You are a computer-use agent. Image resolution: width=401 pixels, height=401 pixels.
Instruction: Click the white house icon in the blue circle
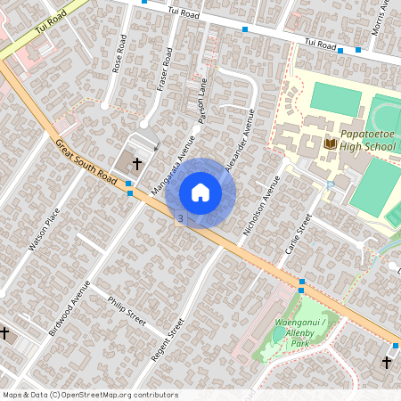(x=200, y=192)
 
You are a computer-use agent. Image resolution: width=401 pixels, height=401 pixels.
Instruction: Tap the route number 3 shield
(x=181, y=218)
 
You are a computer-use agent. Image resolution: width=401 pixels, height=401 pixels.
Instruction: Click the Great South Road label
(x=86, y=163)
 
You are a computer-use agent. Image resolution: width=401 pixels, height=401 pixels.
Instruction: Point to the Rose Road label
(x=119, y=54)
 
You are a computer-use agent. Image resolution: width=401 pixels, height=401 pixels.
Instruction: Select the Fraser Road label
(x=162, y=70)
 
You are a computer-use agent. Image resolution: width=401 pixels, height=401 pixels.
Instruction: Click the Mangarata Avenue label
(x=174, y=161)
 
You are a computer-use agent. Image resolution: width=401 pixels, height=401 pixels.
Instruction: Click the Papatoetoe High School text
(x=367, y=140)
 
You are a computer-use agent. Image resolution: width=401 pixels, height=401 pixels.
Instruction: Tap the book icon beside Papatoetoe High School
(x=330, y=143)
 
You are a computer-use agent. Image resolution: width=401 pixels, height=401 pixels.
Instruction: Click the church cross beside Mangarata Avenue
(x=137, y=164)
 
